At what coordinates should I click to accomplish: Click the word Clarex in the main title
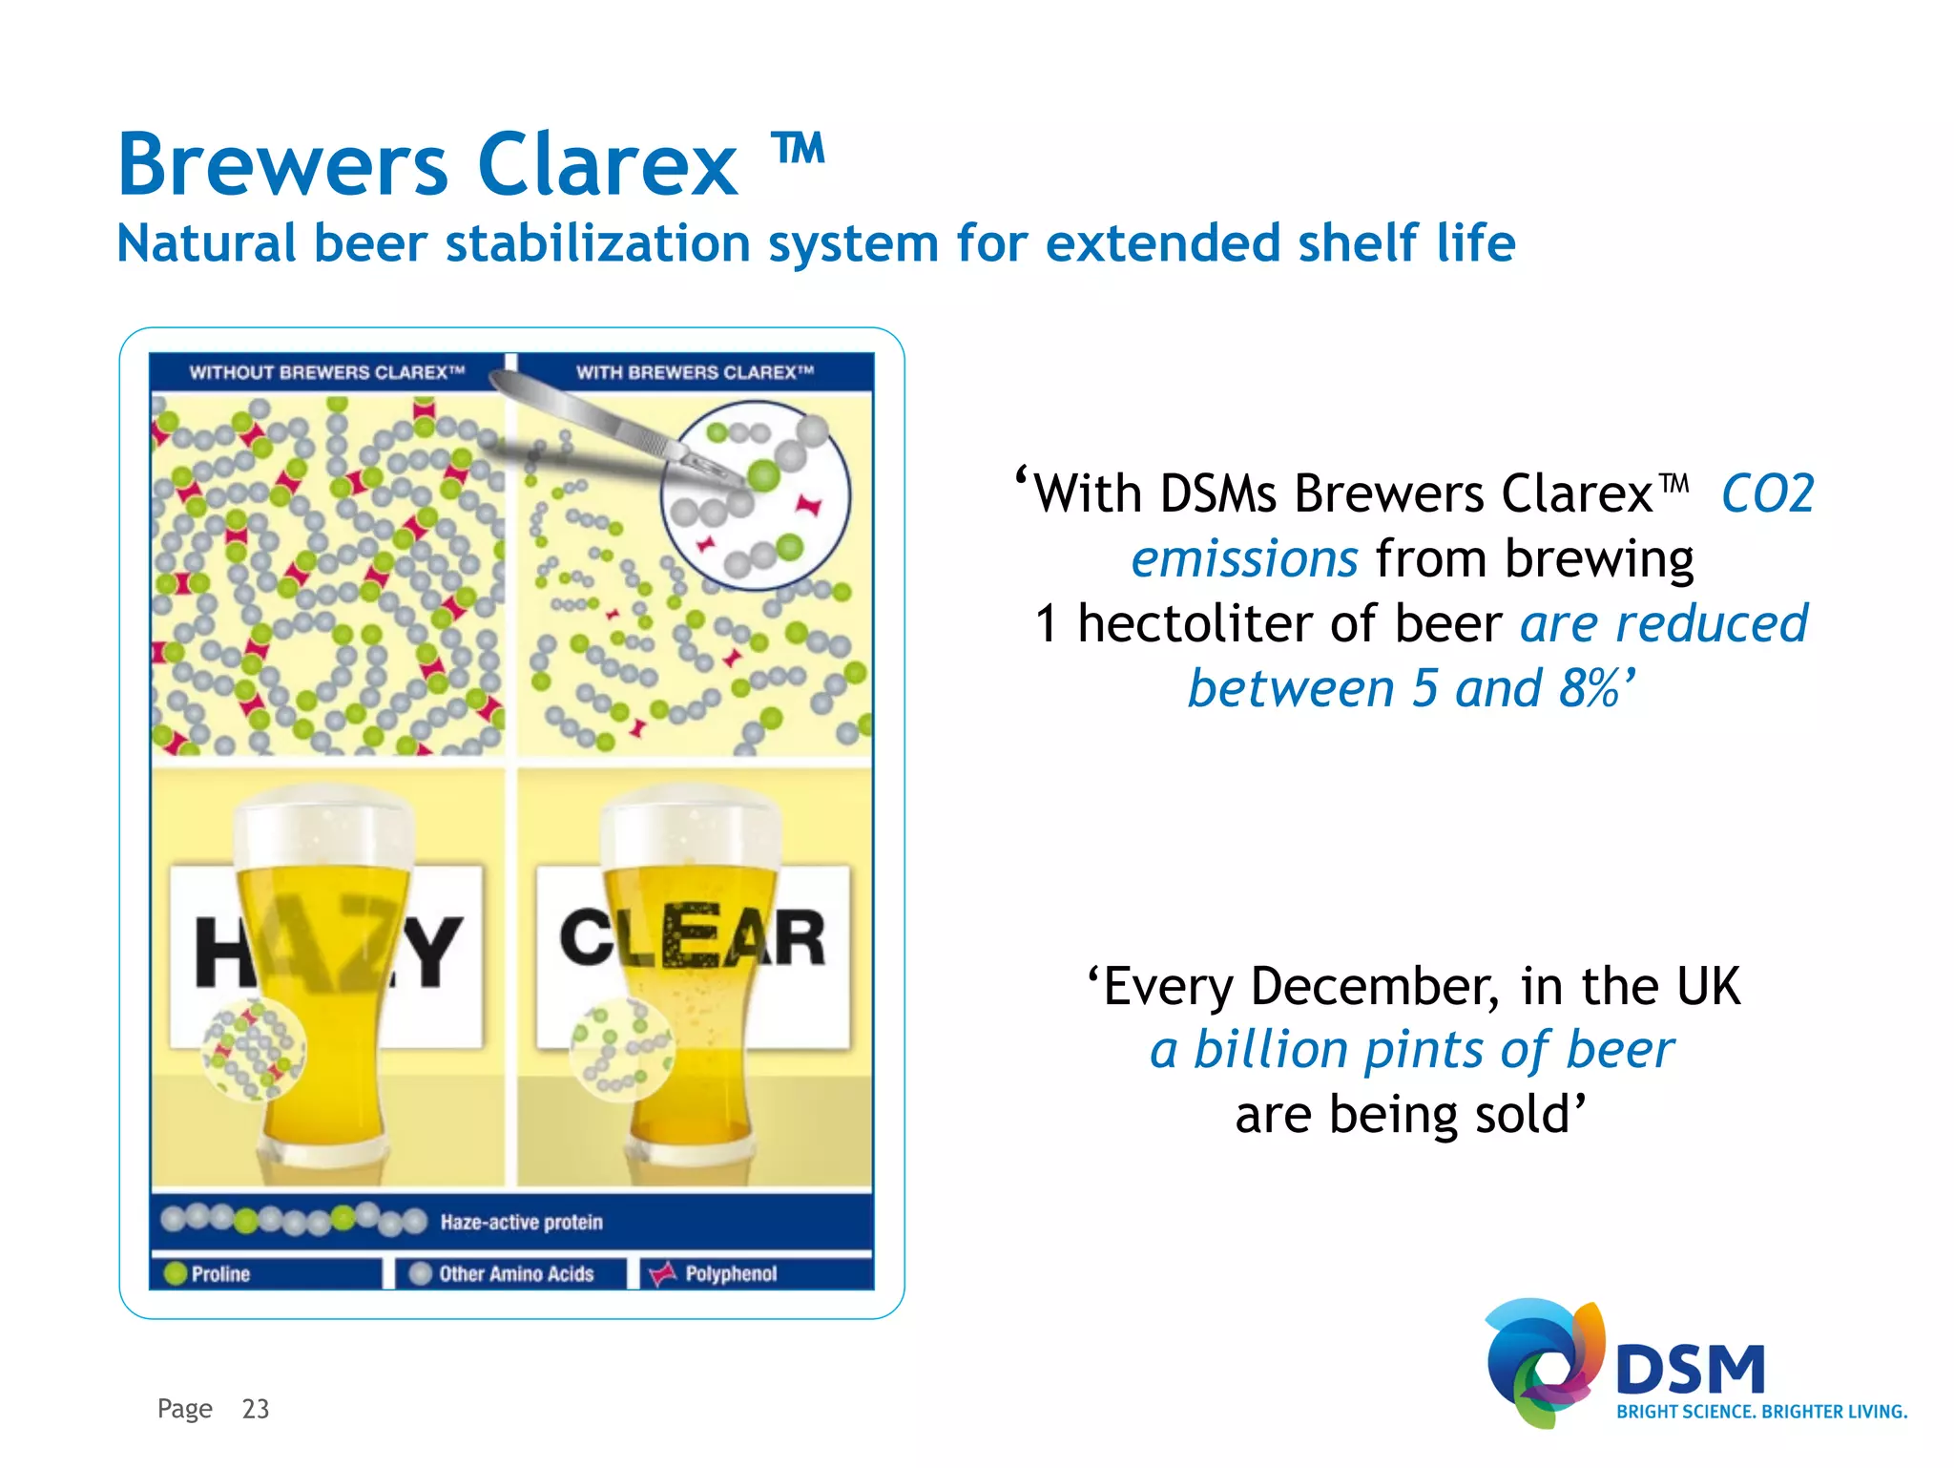[607, 165]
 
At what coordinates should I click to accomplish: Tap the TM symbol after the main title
[798, 149]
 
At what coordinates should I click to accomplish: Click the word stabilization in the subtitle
[600, 243]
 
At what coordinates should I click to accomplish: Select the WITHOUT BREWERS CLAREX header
[326, 372]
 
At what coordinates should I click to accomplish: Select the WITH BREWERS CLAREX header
[695, 372]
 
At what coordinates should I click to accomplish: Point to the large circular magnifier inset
[754, 494]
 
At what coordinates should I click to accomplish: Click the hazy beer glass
[324, 983]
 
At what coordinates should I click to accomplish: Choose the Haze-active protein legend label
[521, 1223]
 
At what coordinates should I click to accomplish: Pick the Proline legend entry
[219, 1274]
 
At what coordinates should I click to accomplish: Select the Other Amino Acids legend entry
[515, 1274]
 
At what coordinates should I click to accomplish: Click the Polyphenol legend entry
[730, 1274]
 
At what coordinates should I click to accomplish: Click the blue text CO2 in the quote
[1767, 494]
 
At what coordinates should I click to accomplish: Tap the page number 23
[256, 1409]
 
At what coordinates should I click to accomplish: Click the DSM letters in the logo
[1690, 1371]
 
